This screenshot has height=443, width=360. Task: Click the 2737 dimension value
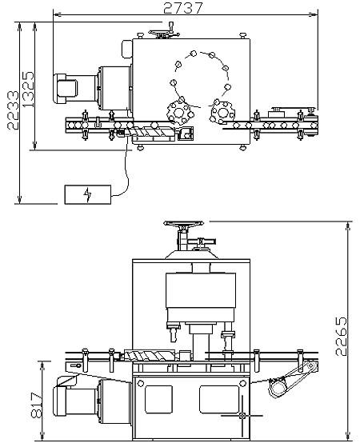(x=183, y=8)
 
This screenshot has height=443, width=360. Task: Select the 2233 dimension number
(x=13, y=110)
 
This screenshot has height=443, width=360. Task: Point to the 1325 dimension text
(x=28, y=90)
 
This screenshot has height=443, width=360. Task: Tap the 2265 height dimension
(x=341, y=336)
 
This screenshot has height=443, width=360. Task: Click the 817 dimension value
(x=36, y=405)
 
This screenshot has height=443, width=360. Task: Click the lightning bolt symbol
(x=87, y=194)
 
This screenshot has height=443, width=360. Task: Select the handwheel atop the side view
(x=184, y=223)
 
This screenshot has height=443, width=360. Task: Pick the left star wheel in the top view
(x=179, y=113)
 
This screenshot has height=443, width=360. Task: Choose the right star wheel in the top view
(x=222, y=113)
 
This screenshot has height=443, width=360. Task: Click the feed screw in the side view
(x=150, y=355)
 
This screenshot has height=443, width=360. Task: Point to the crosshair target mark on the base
(x=242, y=415)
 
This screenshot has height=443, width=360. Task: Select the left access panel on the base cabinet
(x=158, y=399)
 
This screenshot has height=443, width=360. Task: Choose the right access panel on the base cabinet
(x=219, y=399)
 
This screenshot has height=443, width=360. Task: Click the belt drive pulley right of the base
(x=278, y=388)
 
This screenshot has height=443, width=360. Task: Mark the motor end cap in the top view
(x=66, y=88)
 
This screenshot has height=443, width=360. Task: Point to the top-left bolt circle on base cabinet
(x=140, y=383)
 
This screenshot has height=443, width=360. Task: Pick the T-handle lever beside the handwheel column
(x=202, y=241)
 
